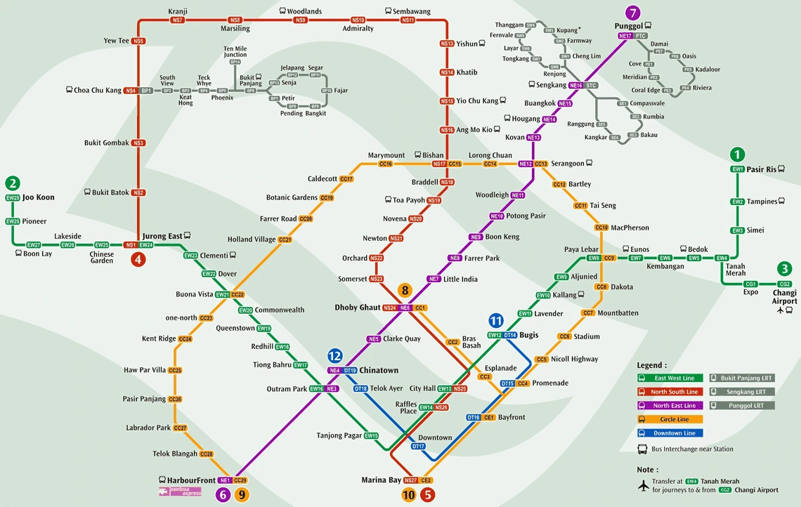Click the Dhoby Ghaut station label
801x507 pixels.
click(357, 308)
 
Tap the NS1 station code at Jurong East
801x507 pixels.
click(130, 245)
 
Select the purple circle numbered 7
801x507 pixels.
click(634, 13)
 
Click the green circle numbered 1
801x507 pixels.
click(737, 154)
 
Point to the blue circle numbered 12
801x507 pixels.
click(334, 356)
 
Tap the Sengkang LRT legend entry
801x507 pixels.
click(742, 392)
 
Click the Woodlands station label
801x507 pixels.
click(304, 12)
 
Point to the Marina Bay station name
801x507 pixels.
click(381, 480)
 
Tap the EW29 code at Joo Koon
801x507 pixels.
click(13, 198)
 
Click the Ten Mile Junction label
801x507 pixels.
click(235, 51)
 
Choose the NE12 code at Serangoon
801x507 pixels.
click(525, 164)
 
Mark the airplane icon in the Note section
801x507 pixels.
click(644, 485)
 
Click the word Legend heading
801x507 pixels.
click(651, 365)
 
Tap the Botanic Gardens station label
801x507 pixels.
click(292, 198)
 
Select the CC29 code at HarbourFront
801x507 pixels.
click(240, 480)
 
